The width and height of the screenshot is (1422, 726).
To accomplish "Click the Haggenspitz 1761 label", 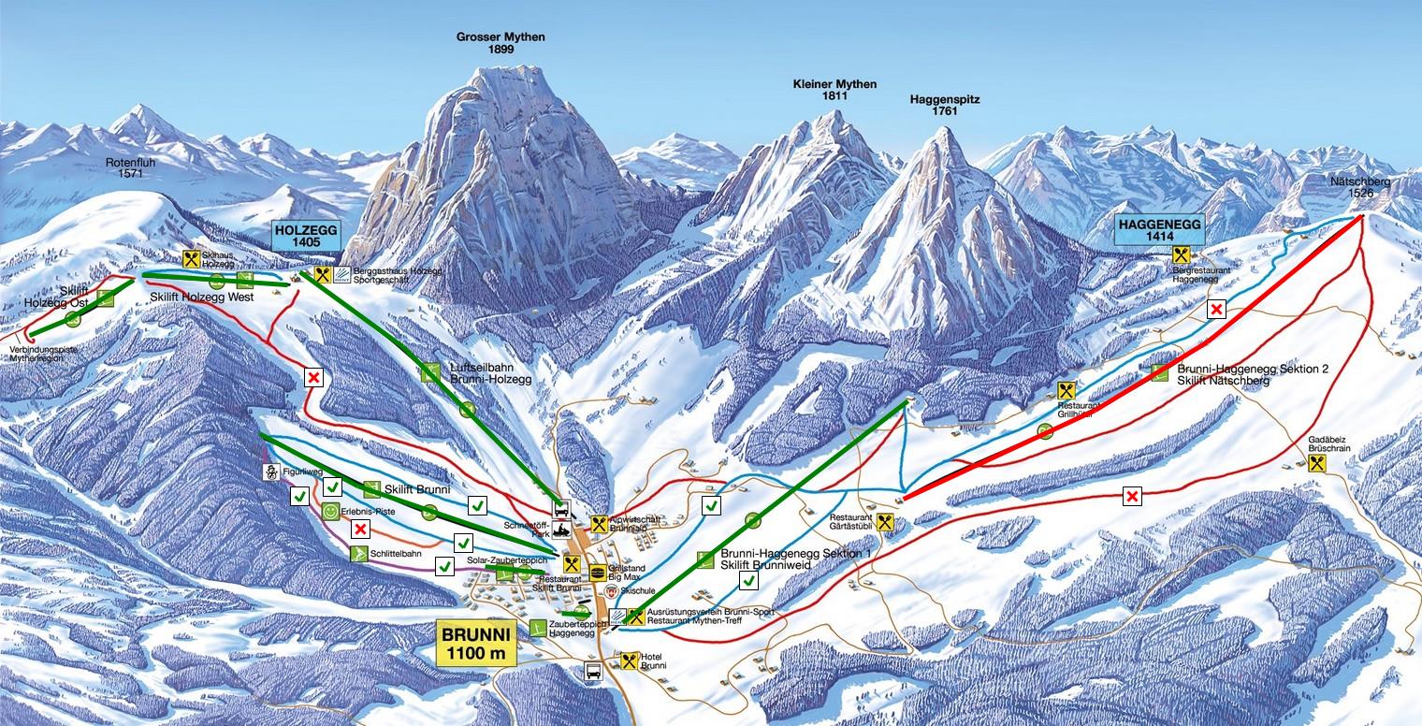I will pyautogui.click(x=944, y=105).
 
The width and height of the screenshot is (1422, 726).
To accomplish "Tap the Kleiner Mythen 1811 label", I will pyautogui.click(x=834, y=90).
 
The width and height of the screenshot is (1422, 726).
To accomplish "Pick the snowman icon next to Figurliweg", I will pyautogui.click(x=271, y=472).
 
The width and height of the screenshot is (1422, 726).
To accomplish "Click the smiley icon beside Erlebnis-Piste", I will pyautogui.click(x=330, y=512).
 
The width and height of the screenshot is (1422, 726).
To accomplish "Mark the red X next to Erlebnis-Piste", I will pyautogui.click(x=358, y=530).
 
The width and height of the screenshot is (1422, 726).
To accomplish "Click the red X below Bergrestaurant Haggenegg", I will pyautogui.click(x=1216, y=310).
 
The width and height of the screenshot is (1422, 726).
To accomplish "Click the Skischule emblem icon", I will pyautogui.click(x=612, y=592).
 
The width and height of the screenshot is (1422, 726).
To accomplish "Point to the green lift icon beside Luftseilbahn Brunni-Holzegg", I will pyautogui.click(x=429, y=372).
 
